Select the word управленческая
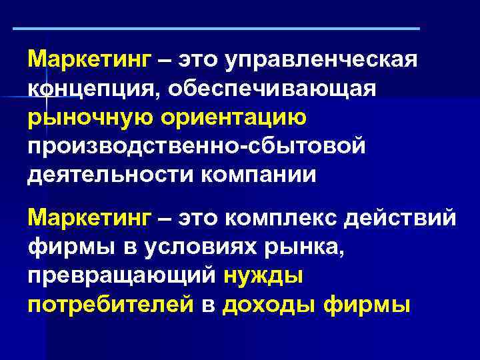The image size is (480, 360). [322, 61]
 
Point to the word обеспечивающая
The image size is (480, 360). [273, 89]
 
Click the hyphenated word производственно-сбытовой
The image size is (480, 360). [197, 145]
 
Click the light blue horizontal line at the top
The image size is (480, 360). [217, 29]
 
